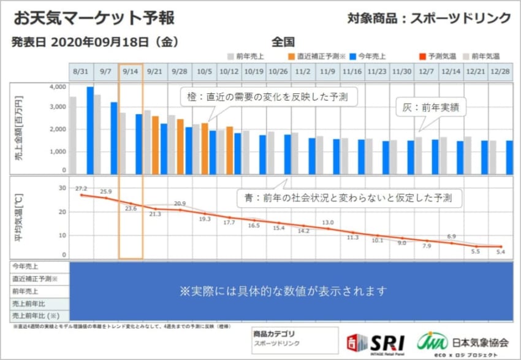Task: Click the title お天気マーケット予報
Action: point(94,18)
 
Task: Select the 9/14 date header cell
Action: point(131,71)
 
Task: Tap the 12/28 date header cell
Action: point(500,71)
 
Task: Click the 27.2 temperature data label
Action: point(80,188)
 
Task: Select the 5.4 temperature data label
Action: point(500,252)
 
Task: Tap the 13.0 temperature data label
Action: point(328,223)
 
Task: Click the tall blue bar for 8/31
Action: point(90,130)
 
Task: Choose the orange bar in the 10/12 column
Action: point(229,150)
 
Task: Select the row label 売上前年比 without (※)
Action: point(28,304)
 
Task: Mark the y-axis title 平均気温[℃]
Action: point(19,217)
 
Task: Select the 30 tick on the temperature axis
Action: point(61,188)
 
